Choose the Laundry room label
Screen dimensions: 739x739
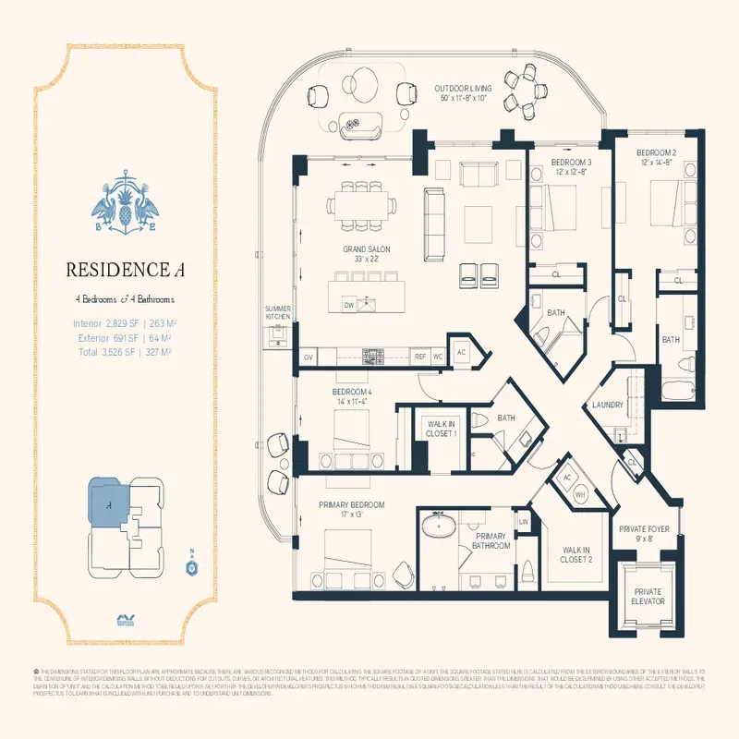coord(601,405)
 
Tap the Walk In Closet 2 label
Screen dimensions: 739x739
coord(576,554)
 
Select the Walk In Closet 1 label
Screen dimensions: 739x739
coord(440,429)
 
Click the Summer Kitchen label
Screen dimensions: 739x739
coord(278,312)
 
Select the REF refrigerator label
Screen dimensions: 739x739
coord(419,356)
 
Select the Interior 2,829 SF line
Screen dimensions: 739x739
coord(125,323)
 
